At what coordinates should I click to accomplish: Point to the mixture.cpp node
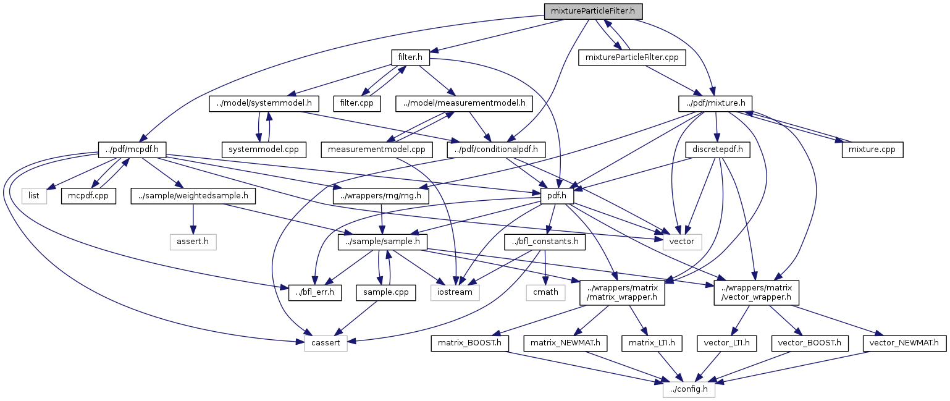coord(872,149)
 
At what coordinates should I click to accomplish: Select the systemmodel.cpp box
coord(264,149)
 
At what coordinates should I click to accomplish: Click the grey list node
coord(35,195)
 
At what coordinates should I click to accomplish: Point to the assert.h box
coord(193,241)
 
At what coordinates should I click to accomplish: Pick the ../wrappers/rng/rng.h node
coord(380,195)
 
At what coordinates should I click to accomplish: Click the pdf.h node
coord(557,195)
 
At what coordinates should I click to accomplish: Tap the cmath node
coord(545,292)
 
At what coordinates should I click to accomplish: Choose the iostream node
coord(454,292)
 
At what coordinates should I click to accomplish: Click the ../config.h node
coord(689,389)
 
